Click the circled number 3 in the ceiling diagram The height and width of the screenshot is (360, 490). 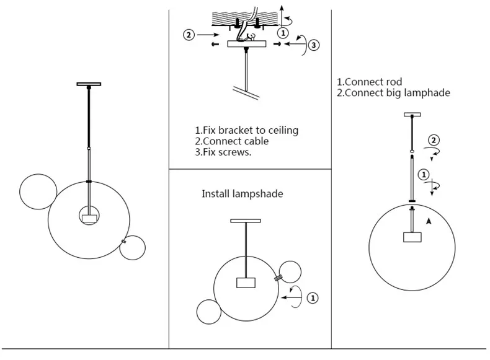(x=314, y=45)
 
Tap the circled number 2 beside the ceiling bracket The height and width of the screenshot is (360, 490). (x=189, y=35)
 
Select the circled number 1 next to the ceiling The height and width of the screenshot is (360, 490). (x=283, y=33)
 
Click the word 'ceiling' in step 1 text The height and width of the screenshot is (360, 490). (x=283, y=130)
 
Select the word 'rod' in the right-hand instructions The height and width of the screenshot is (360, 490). (x=394, y=82)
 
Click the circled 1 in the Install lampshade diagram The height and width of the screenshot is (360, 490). (x=313, y=297)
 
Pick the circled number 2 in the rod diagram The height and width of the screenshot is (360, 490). (x=434, y=140)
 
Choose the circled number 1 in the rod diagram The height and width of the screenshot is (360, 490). (x=424, y=174)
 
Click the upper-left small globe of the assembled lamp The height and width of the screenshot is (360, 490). (x=38, y=174)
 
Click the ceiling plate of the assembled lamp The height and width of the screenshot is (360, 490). (x=89, y=84)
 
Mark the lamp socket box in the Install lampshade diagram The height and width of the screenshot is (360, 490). (x=246, y=283)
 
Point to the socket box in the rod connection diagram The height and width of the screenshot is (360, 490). (x=412, y=237)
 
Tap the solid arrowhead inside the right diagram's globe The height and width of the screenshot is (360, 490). (x=429, y=221)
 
